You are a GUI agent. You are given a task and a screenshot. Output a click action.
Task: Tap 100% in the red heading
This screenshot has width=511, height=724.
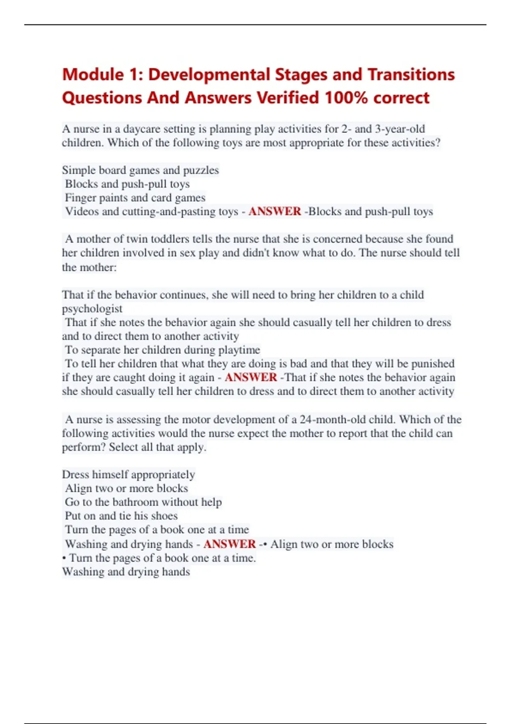(x=346, y=98)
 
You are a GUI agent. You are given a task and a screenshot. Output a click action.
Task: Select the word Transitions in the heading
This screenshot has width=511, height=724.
(x=411, y=75)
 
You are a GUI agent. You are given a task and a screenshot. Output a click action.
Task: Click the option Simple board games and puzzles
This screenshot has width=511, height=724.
(x=140, y=170)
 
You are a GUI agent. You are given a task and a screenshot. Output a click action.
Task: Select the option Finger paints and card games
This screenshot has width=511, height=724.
(x=135, y=198)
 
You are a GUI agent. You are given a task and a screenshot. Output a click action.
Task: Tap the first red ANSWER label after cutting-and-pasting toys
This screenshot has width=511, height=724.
(x=275, y=212)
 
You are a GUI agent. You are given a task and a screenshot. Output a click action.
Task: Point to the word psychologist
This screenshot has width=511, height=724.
(x=92, y=309)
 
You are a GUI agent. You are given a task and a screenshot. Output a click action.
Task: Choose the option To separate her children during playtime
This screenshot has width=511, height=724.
(x=162, y=350)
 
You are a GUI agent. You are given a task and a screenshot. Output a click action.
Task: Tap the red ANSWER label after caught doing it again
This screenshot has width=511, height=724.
(x=251, y=377)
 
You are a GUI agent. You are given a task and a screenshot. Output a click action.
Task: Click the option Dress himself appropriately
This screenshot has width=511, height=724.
(x=128, y=474)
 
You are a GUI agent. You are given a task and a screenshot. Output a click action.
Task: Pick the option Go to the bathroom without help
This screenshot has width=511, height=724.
(x=143, y=502)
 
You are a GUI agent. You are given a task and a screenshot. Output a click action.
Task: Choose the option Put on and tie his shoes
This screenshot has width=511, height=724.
(x=121, y=516)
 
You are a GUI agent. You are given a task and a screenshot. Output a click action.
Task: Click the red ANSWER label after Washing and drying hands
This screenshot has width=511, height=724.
(x=230, y=544)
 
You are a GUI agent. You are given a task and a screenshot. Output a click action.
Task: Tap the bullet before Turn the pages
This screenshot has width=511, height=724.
(x=64, y=558)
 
